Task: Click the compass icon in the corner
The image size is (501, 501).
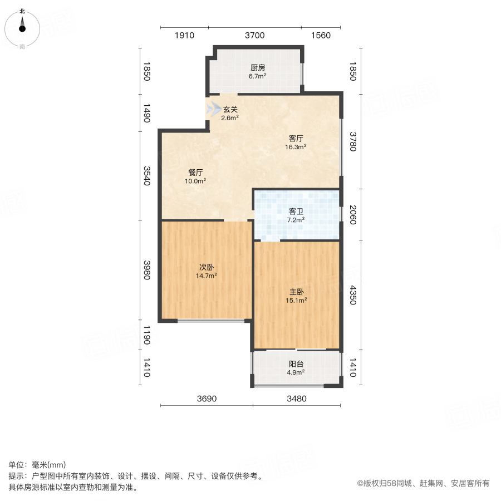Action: (22, 27)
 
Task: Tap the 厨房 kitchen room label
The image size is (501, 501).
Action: (257, 68)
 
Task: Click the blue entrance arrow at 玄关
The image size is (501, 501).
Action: (213, 109)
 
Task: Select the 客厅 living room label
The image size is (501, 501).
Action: (296, 138)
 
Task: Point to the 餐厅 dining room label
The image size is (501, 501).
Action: (195, 172)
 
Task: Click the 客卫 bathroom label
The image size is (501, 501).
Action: (296, 212)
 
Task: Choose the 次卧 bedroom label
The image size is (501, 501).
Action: (207, 266)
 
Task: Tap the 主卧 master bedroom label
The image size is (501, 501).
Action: (296, 292)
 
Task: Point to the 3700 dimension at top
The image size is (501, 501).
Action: (254, 36)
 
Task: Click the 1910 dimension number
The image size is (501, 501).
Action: (184, 36)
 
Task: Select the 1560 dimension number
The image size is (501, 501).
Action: (321, 36)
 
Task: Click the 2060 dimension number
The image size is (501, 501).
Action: (352, 215)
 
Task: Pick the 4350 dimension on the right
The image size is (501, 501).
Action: (352, 296)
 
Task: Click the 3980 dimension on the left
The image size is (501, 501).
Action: (146, 270)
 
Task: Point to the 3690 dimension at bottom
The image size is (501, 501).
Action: (207, 399)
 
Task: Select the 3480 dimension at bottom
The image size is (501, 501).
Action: (297, 399)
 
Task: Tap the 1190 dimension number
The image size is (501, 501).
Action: (146, 335)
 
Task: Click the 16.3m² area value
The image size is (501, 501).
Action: (296, 148)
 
